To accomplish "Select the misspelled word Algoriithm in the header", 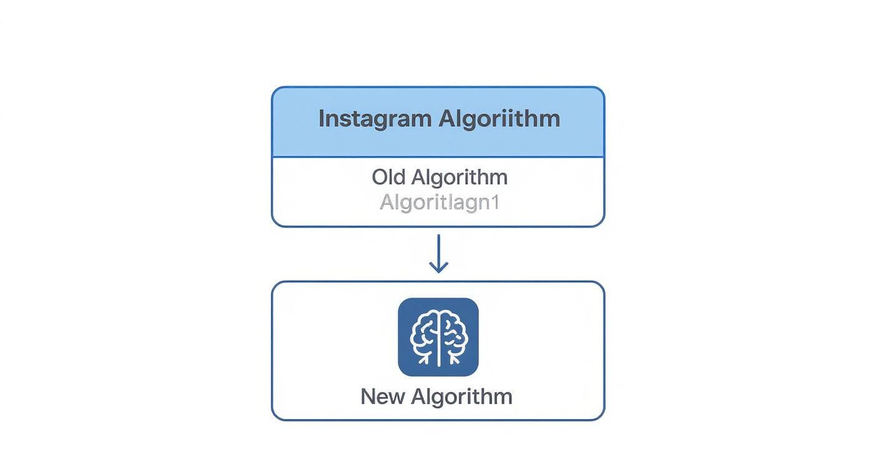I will pos(499,118).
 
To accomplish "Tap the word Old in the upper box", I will pos(390,177).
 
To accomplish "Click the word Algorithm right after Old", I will pos(459,177).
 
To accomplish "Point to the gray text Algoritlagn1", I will pos(439,203).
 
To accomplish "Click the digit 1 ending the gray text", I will pos(496,203).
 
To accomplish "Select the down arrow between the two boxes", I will pos(438,253).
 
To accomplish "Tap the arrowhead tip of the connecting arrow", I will pos(438,271).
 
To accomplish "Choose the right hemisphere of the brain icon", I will pos(453,334).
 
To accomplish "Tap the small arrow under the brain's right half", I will pos(454,358).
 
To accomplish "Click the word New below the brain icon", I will pos(382,397).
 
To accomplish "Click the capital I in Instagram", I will pos(321,118).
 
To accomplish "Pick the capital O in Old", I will pos(380,177).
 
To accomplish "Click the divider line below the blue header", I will pos(438,157).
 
